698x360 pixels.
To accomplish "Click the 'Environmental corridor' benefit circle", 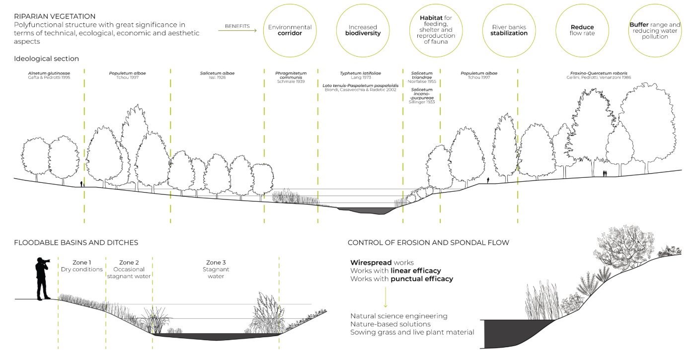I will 290,30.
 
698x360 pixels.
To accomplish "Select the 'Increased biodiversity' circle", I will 363,30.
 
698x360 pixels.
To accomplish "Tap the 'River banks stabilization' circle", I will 509,30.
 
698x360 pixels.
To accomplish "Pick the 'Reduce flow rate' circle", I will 582,30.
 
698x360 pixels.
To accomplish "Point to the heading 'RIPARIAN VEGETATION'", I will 55,16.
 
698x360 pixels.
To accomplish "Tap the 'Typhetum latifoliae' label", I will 360,73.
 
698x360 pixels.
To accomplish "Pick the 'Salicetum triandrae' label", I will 421,75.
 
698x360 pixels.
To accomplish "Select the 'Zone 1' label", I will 81,262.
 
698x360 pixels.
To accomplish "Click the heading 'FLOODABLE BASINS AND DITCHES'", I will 76,243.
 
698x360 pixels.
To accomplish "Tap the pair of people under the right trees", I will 605,173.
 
